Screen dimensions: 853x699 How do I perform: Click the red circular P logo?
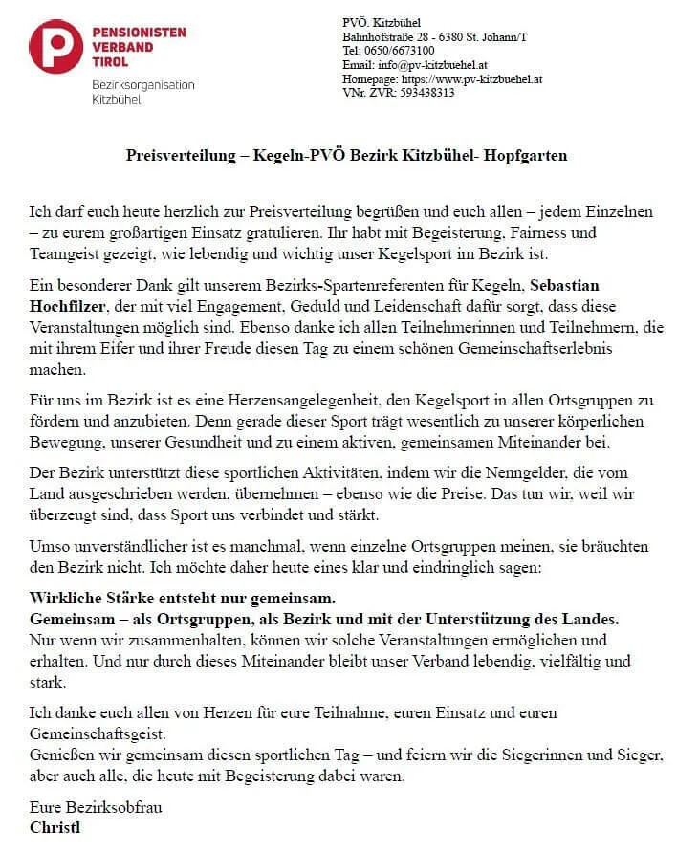click(55, 46)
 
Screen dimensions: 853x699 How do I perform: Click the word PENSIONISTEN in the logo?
click(140, 33)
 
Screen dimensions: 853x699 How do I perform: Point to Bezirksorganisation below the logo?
click(142, 84)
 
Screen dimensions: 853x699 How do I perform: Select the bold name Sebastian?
click(571, 286)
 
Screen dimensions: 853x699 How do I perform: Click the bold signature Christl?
click(55, 827)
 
